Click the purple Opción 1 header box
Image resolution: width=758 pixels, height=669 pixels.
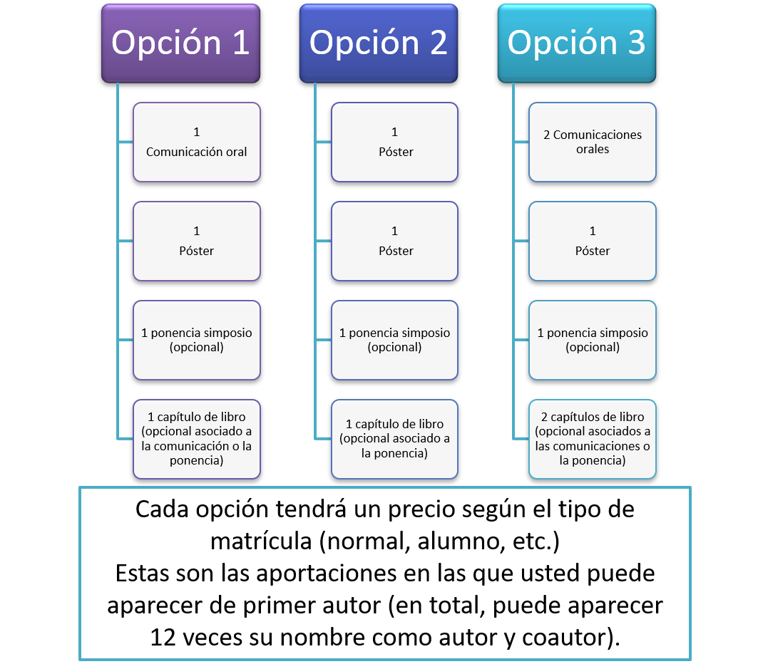[x=181, y=43]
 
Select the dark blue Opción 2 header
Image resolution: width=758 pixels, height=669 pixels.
[x=379, y=43]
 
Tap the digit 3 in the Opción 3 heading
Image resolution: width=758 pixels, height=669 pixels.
[x=637, y=43]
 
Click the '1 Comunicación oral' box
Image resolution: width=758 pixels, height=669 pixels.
[x=197, y=142]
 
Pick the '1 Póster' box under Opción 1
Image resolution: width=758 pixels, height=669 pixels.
[x=197, y=241]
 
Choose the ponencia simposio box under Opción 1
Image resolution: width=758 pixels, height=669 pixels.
[x=197, y=340]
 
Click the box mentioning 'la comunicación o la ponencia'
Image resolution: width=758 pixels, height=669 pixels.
[x=197, y=439]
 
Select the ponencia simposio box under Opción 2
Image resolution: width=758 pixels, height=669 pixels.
[x=394, y=340]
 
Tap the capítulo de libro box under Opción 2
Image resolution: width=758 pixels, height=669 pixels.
[x=394, y=439]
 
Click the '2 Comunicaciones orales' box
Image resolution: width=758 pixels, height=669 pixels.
[x=593, y=142]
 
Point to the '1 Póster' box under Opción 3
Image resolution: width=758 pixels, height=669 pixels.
[x=593, y=241]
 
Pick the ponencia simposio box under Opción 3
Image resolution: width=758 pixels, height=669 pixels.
[x=593, y=340]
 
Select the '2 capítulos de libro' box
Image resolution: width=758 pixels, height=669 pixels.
[x=593, y=439]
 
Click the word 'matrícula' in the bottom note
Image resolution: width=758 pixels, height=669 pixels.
[x=261, y=541]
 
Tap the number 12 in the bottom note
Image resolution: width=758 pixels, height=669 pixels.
[x=163, y=638]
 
